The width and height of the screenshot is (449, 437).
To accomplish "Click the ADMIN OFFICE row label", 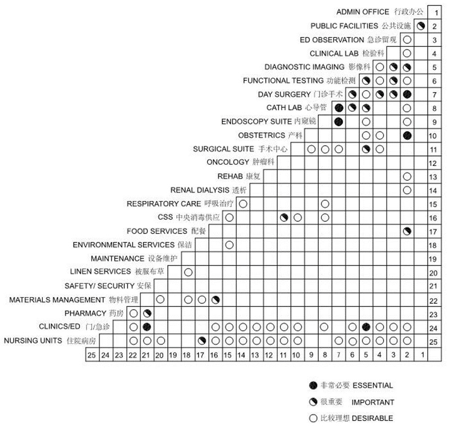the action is pyautogui.click(x=380, y=12).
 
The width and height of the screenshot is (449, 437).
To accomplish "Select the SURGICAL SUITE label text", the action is pyautogui.click(x=240, y=149).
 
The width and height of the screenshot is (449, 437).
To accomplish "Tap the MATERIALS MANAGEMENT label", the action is pyautogui.click(x=73, y=300).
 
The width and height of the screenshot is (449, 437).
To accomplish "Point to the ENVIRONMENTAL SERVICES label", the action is pyautogui.click(x=132, y=245).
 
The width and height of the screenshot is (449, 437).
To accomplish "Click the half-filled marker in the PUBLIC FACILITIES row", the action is pyautogui.click(x=421, y=26).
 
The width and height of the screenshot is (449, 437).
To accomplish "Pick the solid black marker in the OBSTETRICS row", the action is pyautogui.click(x=407, y=135).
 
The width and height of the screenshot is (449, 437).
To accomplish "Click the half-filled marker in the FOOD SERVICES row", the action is pyautogui.click(x=407, y=232).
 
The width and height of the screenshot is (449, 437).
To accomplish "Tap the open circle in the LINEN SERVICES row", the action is pyautogui.click(x=188, y=272).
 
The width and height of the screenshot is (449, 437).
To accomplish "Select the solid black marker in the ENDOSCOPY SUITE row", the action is pyautogui.click(x=339, y=122).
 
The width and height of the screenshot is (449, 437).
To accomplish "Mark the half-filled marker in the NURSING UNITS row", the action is pyautogui.click(x=202, y=341).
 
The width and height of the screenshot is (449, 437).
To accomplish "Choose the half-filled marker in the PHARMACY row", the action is pyautogui.click(x=147, y=313).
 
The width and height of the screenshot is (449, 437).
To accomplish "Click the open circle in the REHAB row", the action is pyautogui.click(x=407, y=177).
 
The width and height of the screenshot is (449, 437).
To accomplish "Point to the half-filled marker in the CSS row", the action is pyautogui.click(x=284, y=218).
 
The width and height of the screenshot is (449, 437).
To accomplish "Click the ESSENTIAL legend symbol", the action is pyautogui.click(x=313, y=386).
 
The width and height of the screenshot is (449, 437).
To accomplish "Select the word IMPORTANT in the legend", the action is pyautogui.click(x=373, y=402).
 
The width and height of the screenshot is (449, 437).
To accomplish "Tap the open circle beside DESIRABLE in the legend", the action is pyautogui.click(x=313, y=418).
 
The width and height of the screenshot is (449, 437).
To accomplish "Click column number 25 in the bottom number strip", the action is pyautogui.click(x=92, y=355).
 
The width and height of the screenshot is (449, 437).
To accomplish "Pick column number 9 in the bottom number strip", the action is pyautogui.click(x=311, y=355).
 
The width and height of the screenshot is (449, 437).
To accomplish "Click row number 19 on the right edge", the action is pyautogui.click(x=433, y=259).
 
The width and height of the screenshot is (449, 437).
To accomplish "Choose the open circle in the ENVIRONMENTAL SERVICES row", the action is pyautogui.click(x=229, y=245).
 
